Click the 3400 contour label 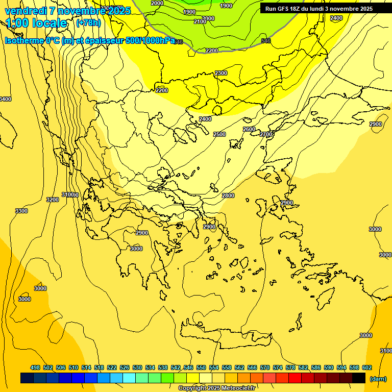point(5,99)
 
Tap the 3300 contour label point(21,211)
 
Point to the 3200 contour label point(53,200)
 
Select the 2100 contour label point(200,21)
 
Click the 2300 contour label point(221,73)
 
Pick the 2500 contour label point(219,134)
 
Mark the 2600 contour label point(249,129)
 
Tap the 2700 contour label point(266,134)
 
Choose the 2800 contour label point(228,195)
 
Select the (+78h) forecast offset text point(88,23)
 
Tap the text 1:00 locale point(37,23)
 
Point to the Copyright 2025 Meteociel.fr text point(224,388)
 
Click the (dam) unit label point(378,378)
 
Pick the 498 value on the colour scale point(35,367)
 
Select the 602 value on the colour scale point(367,367)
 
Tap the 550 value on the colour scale point(201,367)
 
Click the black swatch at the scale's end point(359,378)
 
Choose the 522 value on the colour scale point(112,367)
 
